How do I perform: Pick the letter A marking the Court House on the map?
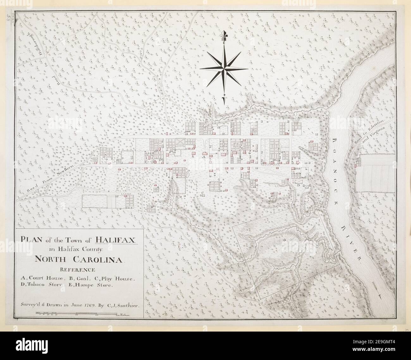(x=204, y=156)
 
